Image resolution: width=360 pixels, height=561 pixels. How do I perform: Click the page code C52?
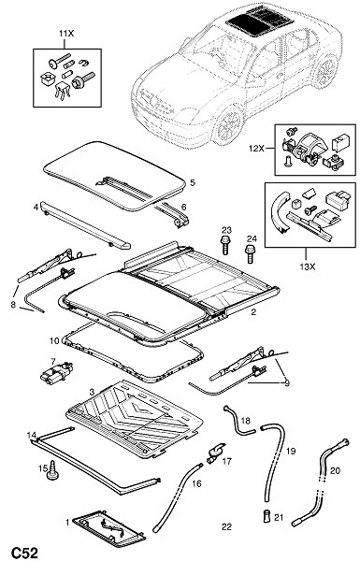click(24, 553)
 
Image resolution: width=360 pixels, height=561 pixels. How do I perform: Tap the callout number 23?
click(226, 230)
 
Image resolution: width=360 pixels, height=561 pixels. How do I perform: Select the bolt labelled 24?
click(250, 253)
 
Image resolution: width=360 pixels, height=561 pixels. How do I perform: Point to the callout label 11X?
click(66, 34)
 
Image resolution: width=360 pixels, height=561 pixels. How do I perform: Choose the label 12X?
click(256, 148)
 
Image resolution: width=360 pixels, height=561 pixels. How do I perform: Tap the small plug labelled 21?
click(266, 516)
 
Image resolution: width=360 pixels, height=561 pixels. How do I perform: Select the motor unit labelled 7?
click(56, 372)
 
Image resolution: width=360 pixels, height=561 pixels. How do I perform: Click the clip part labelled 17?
click(214, 453)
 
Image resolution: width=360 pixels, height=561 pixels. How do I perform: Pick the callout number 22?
click(226, 526)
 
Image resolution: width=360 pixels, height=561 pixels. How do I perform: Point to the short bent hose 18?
click(237, 422)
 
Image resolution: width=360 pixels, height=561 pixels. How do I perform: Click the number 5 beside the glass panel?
click(193, 183)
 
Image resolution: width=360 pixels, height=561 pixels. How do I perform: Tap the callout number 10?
click(54, 341)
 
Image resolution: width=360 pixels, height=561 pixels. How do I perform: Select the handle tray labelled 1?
click(109, 525)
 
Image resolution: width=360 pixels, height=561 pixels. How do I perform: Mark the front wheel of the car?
click(229, 123)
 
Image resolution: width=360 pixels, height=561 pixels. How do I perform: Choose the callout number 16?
click(196, 483)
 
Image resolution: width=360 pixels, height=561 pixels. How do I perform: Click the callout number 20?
click(335, 471)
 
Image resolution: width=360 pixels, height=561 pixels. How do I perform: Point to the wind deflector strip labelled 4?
click(85, 225)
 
